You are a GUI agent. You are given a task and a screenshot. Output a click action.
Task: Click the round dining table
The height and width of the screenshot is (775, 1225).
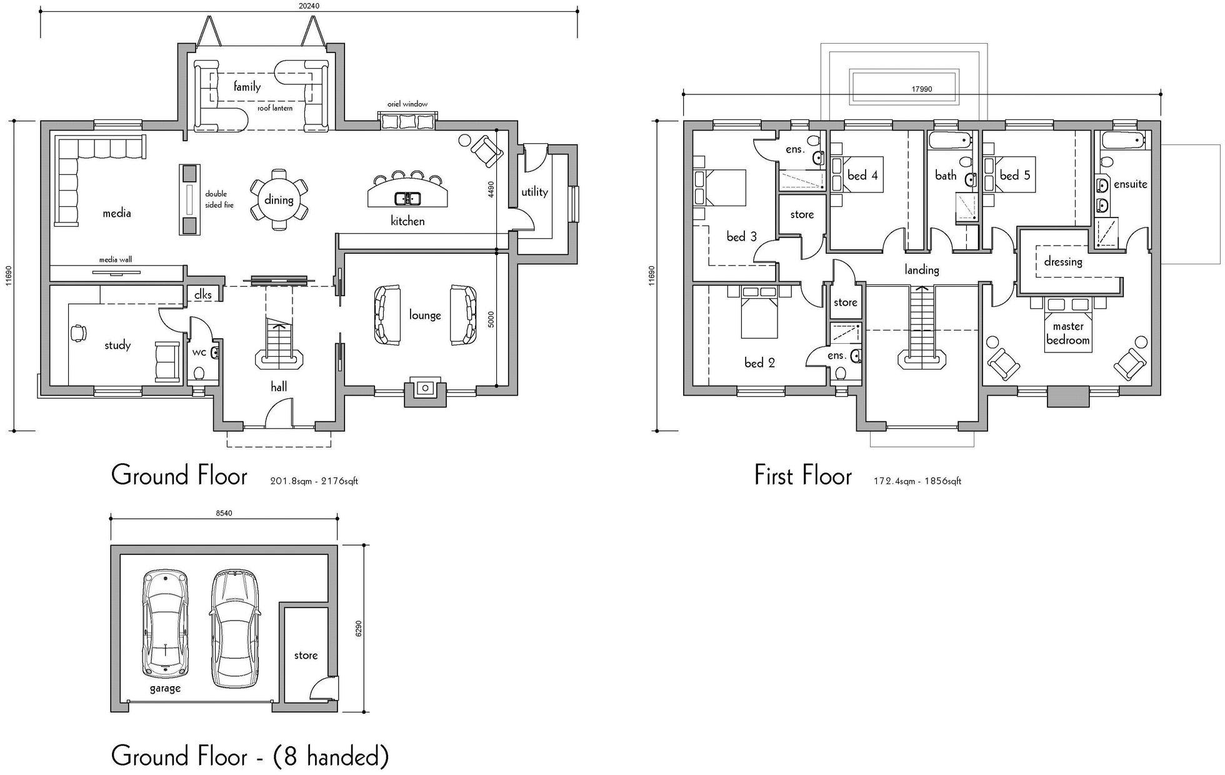click(x=279, y=200)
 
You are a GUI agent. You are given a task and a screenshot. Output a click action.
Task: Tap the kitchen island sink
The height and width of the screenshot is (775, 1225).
click(x=407, y=199)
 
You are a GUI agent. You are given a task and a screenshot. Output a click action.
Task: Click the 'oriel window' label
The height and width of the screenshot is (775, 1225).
click(x=407, y=104)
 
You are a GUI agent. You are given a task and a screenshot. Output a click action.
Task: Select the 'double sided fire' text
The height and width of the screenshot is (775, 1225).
click(x=219, y=199)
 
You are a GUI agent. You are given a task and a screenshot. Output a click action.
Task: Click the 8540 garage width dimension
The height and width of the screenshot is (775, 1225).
click(x=224, y=513)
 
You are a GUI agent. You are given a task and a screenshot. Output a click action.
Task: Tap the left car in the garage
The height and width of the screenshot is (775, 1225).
click(x=166, y=624)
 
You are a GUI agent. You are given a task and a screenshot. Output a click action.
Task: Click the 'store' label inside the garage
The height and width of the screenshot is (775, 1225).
click(x=306, y=655)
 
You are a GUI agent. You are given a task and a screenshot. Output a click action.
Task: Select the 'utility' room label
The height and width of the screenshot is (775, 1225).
click(x=534, y=192)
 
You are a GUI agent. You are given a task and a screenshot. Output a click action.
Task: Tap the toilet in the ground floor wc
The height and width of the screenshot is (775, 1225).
click(x=199, y=374)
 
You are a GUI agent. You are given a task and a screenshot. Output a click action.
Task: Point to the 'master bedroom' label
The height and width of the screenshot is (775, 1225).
click(x=1068, y=333)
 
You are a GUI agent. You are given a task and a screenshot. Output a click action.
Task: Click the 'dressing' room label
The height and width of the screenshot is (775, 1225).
click(x=1063, y=261)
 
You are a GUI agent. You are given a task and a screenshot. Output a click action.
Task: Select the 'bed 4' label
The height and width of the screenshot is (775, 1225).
click(x=862, y=175)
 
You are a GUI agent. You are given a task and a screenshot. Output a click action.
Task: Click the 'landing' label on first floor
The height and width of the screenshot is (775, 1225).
click(x=922, y=269)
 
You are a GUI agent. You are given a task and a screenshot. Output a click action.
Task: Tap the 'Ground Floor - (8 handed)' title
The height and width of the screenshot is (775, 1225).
click(x=250, y=756)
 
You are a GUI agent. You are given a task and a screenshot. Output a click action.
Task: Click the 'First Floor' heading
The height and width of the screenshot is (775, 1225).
click(x=803, y=476)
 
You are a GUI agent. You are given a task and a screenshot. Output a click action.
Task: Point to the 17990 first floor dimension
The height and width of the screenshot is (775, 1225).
click(x=922, y=89)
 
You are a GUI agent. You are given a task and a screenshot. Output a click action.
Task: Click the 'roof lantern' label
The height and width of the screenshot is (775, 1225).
click(x=275, y=108)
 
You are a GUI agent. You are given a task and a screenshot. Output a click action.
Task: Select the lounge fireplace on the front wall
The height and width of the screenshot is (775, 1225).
click(x=426, y=391)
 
